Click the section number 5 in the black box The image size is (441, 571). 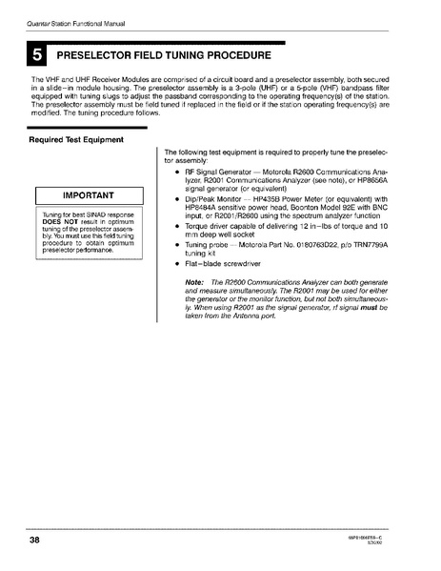38,56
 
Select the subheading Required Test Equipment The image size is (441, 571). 76,140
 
